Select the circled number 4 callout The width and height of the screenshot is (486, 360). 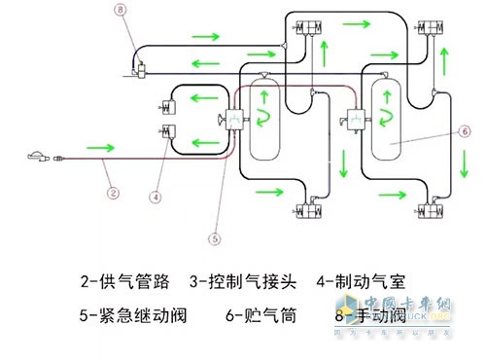154,196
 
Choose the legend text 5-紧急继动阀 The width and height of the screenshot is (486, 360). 127,315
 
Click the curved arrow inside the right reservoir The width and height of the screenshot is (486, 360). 385,119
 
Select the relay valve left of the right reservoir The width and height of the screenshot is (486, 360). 353,121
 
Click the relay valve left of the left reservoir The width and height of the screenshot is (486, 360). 232,121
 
